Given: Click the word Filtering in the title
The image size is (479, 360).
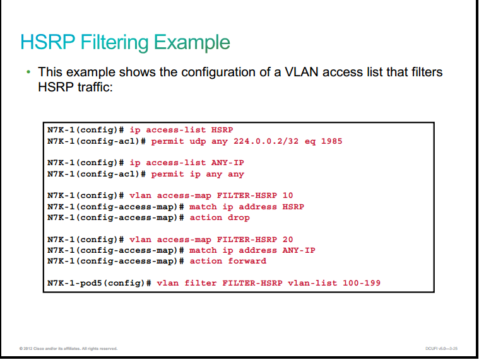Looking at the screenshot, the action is [x=115, y=43].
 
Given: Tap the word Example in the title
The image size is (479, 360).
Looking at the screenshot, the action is [x=192, y=43].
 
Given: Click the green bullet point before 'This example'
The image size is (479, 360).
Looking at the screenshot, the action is [x=28, y=72].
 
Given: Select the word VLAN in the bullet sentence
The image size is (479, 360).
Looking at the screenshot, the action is [x=302, y=73].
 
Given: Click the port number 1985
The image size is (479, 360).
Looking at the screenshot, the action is [x=331, y=141].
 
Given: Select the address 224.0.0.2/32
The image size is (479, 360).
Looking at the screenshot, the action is [x=266, y=141].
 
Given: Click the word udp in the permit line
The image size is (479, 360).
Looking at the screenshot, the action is [x=198, y=142].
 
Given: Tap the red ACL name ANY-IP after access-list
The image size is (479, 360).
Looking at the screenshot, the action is [x=228, y=163].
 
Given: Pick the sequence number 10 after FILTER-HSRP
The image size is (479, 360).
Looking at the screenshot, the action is [x=288, y=195].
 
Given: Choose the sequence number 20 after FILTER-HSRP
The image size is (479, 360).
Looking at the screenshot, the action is [x=288, y=240].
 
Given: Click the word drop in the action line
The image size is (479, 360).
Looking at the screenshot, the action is [x=239, y=218].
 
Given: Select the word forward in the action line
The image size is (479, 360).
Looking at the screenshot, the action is [x=247, y=261].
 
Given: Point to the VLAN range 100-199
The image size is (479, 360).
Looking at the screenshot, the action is [x=362, y=283].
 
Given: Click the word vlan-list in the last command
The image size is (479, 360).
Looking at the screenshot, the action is [x=312, y=283].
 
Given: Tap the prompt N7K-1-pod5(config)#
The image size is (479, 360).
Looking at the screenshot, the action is [x=99, y=284].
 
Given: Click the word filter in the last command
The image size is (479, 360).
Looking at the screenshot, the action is [x=201, y=283].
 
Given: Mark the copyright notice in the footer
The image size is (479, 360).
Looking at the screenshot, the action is [x=68, y=349].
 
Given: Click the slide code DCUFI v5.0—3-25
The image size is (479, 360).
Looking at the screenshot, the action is [x=441, y=349].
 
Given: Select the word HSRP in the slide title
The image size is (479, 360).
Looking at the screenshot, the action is [x=48, y=42].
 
